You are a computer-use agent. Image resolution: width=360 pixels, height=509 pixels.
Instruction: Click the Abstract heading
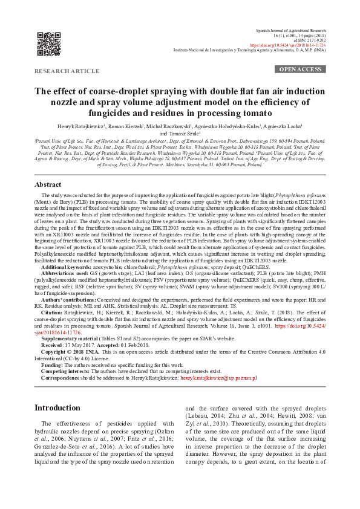click(x=48, y=167)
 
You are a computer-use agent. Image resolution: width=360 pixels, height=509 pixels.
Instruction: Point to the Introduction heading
click(x=57, y=391)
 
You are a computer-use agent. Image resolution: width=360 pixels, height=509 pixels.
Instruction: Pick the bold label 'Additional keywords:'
click(x=71, y=267)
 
